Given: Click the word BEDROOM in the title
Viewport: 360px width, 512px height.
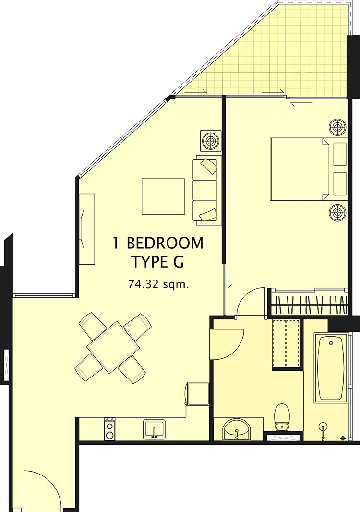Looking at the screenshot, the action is [165, 244].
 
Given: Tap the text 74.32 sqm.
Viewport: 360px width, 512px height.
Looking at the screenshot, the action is [159, 284].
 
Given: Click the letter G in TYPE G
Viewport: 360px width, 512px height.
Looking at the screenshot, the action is [179, 262].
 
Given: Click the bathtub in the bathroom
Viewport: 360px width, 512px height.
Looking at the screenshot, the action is [331, 368].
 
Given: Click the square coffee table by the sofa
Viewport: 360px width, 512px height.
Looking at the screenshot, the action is [163, 196].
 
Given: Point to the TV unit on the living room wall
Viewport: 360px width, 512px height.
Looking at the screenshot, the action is [87, 229].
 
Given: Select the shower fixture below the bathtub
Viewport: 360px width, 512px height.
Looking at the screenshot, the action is [323, 429].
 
